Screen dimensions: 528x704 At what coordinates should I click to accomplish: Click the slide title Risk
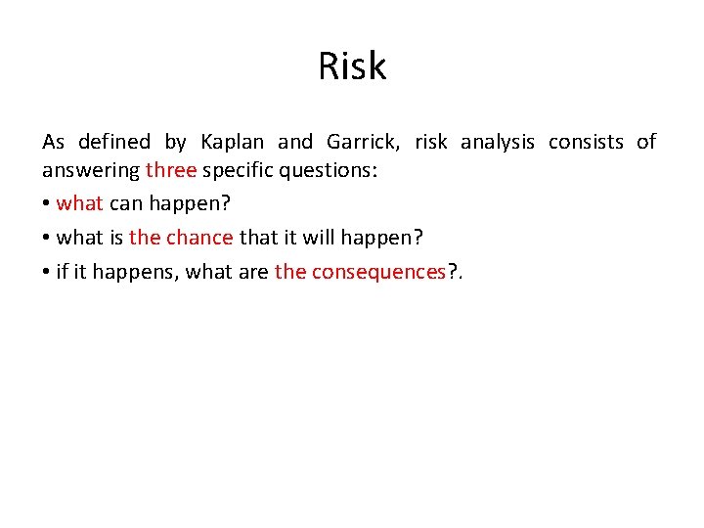click(352, 66)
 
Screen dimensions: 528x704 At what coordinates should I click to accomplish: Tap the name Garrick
click(363, 143)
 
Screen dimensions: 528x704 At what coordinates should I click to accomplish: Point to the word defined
click(114, 143)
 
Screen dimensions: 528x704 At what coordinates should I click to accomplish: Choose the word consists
click(586, 143)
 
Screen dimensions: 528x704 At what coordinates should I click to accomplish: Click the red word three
click(171, 171)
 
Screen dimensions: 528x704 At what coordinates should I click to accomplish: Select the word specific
click(239, 171)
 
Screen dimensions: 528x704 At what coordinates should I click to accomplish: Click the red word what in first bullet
click(79, 204)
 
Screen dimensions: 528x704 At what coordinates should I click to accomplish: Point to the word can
click(126, 204)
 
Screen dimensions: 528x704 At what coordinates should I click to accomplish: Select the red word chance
click(199, 238)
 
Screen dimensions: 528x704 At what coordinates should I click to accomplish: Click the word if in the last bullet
click(63, 272)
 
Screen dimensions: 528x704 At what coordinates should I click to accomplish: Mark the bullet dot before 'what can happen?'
click(46, 205)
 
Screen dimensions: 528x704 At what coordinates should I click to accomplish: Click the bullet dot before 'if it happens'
click(46, 273)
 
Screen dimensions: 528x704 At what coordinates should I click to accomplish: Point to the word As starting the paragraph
click(53, 143)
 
